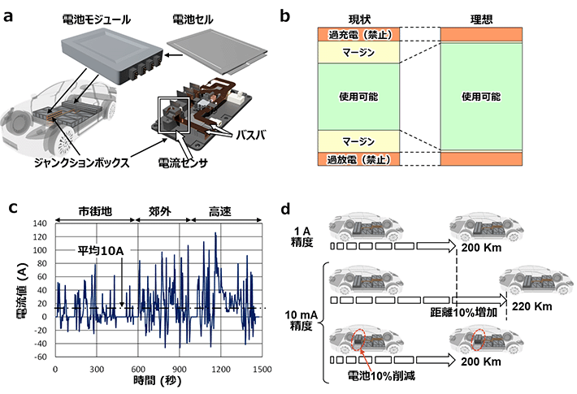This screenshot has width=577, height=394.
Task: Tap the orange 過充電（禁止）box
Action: (x=358, y=35)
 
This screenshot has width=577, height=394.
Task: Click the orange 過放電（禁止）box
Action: (x=358, y=159)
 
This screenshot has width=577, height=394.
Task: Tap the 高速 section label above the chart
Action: (x=219, y=210)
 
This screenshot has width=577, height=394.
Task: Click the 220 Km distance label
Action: (x=531, y=306)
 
